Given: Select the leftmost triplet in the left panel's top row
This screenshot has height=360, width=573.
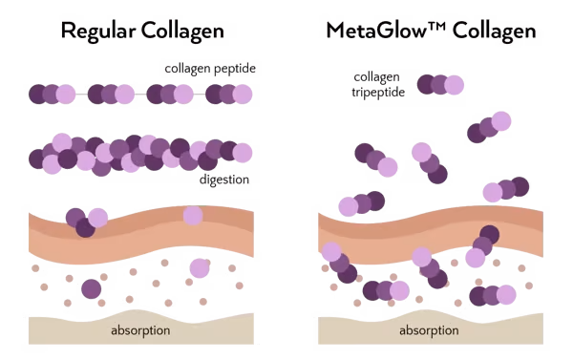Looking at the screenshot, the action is pos(52,94).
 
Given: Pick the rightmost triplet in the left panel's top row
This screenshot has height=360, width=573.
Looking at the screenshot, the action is pos(229,94).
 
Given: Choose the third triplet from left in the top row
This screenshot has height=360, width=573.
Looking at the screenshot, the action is pos(170,94).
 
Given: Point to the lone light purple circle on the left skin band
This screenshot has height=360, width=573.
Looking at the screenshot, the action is pos(193,216).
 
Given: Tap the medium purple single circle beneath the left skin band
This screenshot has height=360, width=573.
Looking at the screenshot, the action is pos(92,287).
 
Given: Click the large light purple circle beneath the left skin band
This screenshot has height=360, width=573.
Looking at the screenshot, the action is pos(200,269).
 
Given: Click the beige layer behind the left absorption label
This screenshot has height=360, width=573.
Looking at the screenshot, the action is pos(57,330).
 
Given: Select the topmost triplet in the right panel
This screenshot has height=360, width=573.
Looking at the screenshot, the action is pos(440,84).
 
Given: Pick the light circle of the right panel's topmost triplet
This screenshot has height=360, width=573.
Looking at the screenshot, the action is pos(455,84).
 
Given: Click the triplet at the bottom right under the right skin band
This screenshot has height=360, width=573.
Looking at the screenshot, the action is pos(493,294).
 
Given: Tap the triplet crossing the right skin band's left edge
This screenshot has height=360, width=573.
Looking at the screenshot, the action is pos(338,264).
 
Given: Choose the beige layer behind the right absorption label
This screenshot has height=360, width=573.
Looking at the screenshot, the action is pos(353,330).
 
